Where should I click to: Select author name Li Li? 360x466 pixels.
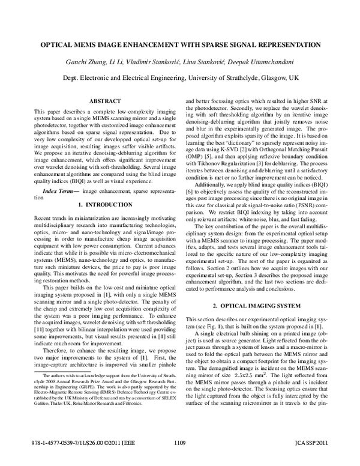[x=115, y=64]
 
